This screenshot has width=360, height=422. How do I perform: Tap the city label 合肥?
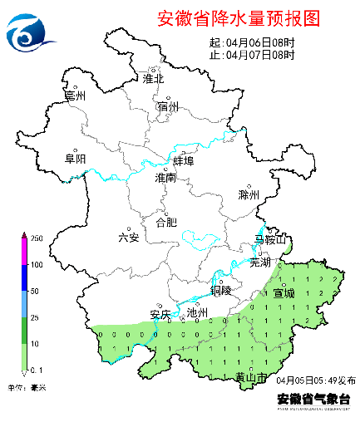point(166,222)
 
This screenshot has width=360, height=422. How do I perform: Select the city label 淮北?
point(154,79)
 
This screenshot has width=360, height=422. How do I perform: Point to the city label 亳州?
point(76,96)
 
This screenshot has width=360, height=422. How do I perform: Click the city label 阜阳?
point(76,159)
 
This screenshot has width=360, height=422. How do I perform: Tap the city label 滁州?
point(249,195)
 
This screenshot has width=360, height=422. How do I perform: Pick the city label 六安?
point(129,238)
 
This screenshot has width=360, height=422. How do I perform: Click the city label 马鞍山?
point(270,241)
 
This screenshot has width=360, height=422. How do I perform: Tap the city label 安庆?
point(160,314)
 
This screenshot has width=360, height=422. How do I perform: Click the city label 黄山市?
point(252,378)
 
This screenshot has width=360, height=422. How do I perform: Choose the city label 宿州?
point(167,107)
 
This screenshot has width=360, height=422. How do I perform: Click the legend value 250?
point(37,238)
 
